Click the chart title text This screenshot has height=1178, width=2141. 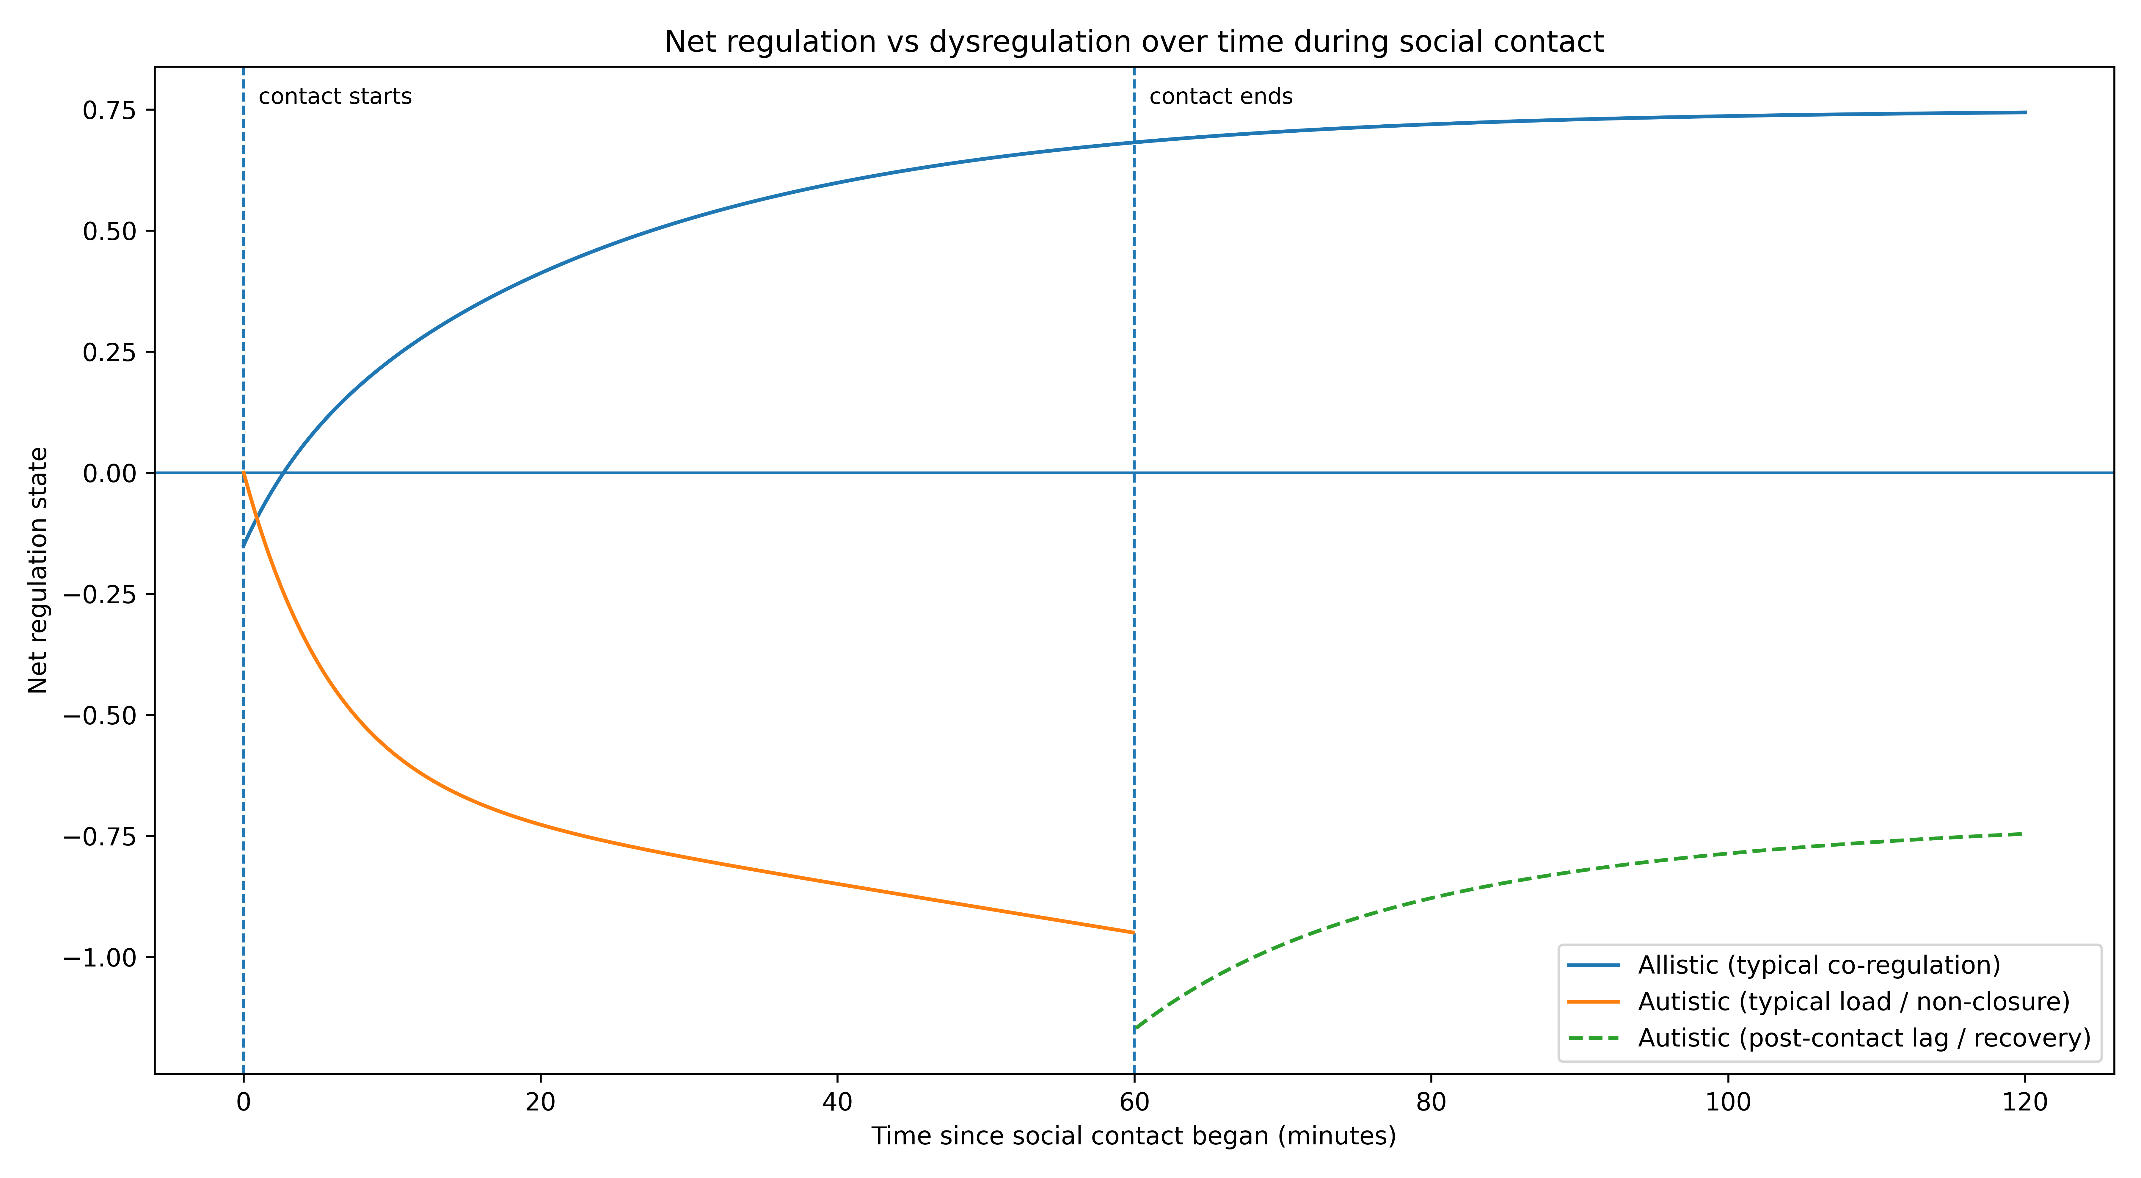tap(1134, 42)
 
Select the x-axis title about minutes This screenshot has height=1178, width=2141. tap(1134, 1136)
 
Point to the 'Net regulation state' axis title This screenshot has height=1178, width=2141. tap(38, 570)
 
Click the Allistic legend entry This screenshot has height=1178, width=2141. tap(1819, 965)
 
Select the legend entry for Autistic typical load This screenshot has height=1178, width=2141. tap(1853, 1002)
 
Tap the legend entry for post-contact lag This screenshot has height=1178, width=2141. tap(1863, 1038)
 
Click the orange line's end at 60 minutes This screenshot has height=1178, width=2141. tap(1134, 933)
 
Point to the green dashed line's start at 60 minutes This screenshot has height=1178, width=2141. tap(1135, 1029)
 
